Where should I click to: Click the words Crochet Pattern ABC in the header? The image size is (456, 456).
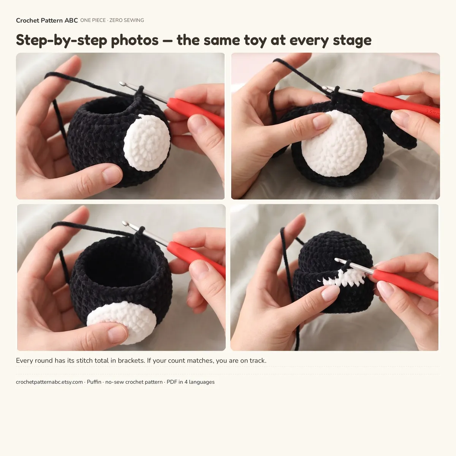pyautogui.click(x=47, y=21)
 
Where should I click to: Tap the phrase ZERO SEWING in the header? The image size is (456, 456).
pyautogui.click(x=127, y=21)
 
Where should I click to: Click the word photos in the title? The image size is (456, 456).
pyautogui.click(x=135, y=40)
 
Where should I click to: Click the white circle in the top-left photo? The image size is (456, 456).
pyautogui.click(x=147, y=143)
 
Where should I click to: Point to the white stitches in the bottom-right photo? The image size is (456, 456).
pyautogui.click(x=344, y=277)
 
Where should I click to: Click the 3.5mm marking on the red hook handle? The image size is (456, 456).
pyautogui.click(x=432, y=112)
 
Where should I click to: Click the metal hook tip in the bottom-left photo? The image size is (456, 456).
pyautogui.click(x=125, y=223)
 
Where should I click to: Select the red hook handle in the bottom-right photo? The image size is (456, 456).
pyautogui.click(x=405, y=285)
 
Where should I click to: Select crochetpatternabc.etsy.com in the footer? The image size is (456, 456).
pyautogui.click(x=49, y=382)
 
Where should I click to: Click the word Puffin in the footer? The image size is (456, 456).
pyautogui.click(x=94, y=382)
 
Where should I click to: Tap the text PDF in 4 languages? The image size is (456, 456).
pyautogui.click(x=190, y=382)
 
